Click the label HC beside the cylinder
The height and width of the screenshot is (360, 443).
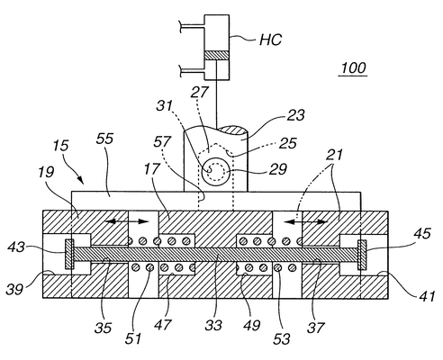[270, 40]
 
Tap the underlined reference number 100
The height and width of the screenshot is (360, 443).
[354, 68]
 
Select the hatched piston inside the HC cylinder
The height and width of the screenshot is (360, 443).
[217, 56]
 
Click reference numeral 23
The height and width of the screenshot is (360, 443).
[295, 115]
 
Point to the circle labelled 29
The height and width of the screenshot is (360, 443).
[216, 172]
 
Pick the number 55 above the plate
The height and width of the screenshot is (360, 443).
[105, 139]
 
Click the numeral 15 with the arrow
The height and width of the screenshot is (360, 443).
[60, 146]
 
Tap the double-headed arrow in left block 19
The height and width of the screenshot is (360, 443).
[126, 221]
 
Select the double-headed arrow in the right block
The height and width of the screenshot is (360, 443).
[306, 222]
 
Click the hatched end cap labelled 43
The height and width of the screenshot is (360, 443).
[69, 254]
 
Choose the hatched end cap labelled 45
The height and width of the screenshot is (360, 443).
[362, 255]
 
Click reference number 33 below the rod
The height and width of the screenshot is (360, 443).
[213, 325]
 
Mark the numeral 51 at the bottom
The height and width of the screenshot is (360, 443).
[133, 338]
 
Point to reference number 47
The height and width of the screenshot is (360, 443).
[163, 325]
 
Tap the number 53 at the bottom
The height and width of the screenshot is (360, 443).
[282, 338]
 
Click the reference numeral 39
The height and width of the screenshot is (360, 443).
[14, 289]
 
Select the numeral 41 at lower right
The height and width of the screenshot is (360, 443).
[427, 296]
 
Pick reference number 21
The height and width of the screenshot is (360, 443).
[335, 155]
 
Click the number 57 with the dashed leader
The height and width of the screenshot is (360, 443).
[162, 141]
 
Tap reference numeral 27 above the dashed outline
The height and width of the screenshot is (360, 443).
[199, 92]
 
